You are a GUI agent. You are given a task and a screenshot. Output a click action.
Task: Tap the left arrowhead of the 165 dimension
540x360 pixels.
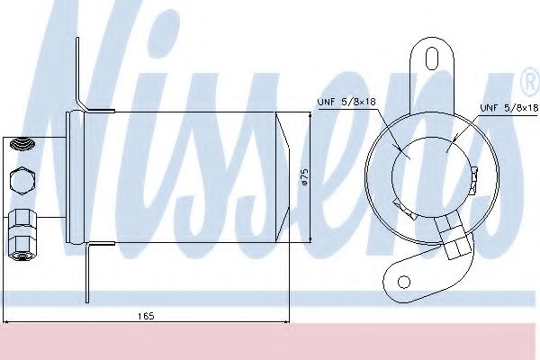(x=6, y=322)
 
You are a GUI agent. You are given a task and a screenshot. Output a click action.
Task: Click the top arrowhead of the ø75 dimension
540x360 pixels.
(x=310, y=115)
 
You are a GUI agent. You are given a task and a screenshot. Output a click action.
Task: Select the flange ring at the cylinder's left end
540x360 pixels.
(x=76, y=176)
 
